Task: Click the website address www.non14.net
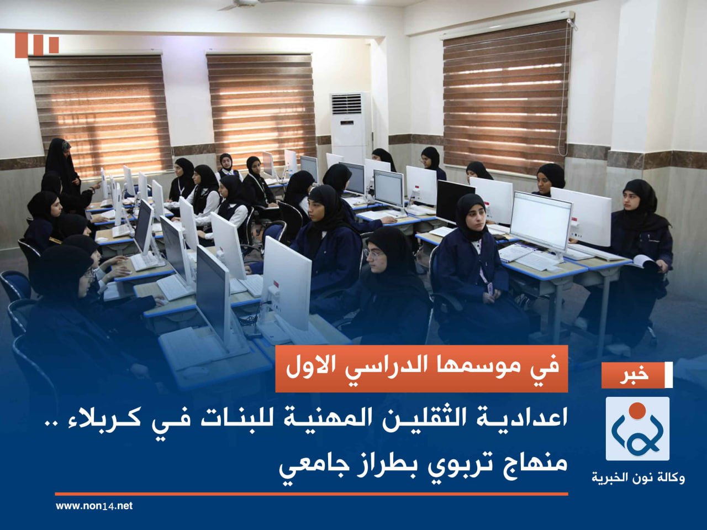point(94,506)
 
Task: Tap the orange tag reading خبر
point(635,375)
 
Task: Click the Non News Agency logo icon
point(637,429)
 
